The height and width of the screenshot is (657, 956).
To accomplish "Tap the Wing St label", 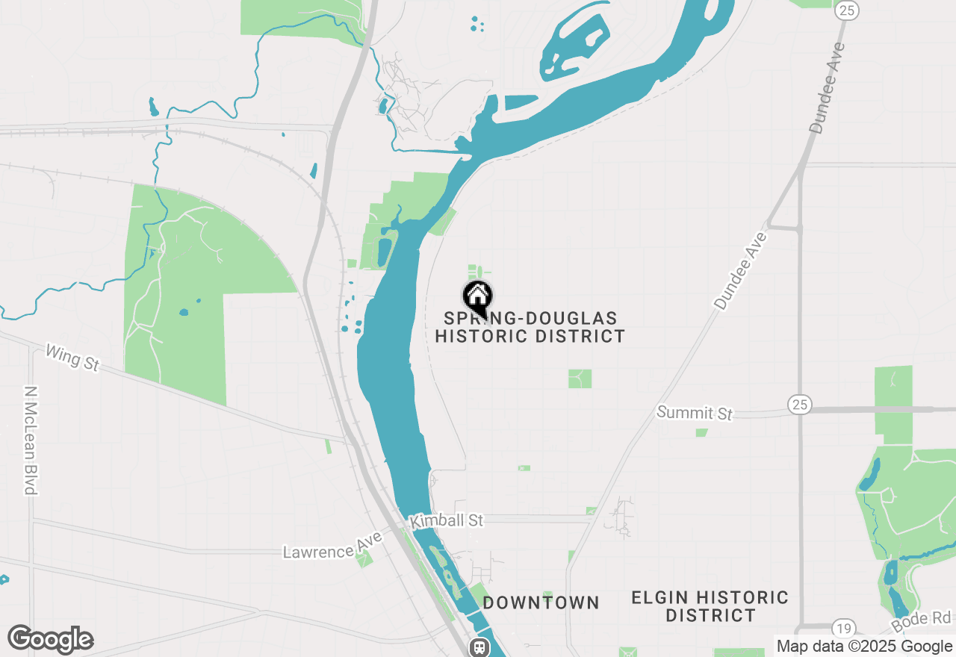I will (x=72, y=357).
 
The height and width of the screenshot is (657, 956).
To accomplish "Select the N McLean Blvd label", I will (x=31, y=440).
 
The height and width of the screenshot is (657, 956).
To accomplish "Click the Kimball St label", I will (x=447, y=520).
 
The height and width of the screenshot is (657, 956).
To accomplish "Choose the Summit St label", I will (x=695, y=412).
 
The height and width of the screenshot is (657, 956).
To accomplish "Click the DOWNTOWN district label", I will (x=541, y=602).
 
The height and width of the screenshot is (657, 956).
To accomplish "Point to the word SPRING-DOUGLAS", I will (x=530, y=319).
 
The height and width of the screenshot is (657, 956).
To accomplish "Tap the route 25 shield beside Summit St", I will (x=799, y=405).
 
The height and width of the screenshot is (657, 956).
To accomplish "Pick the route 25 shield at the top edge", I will (x=848, y=9).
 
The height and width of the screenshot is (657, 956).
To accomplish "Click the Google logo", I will (x=50, y=639).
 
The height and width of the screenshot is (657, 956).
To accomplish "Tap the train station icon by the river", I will (x=479, y=647).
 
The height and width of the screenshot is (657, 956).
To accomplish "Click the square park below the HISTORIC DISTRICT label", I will (x=580, y=379).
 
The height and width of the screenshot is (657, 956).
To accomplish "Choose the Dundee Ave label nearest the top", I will (x=828, y=88).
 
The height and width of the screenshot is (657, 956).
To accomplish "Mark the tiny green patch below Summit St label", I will (x=701, y=432).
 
